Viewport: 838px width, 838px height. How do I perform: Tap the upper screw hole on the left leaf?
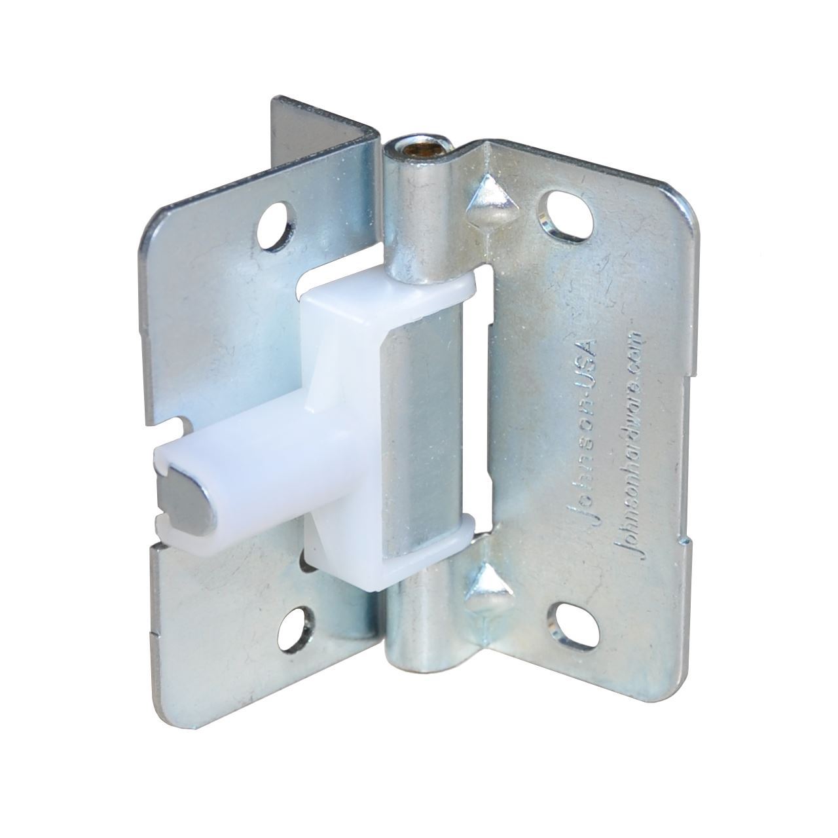click(274, 228)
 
